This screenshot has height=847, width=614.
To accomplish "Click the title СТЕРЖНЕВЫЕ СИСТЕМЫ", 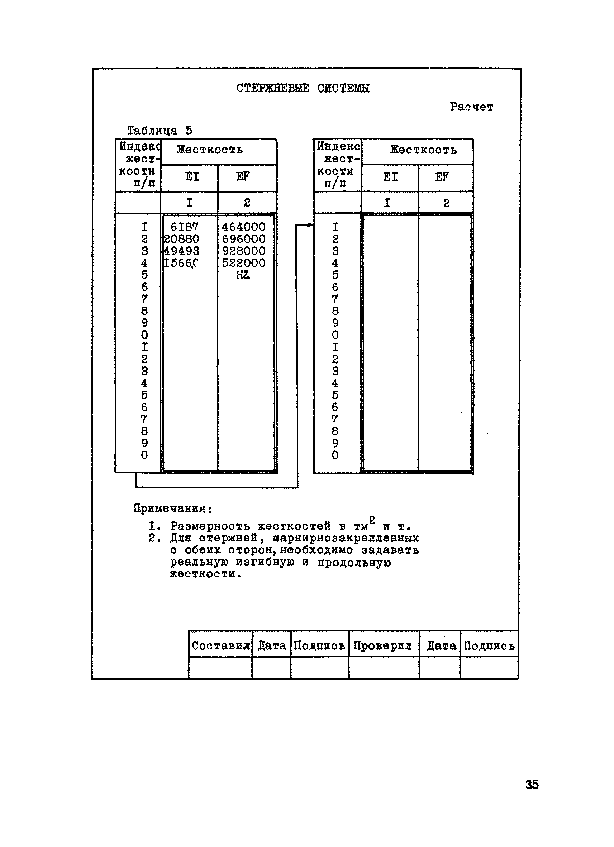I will click(303, 88).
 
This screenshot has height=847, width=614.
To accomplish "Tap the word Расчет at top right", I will click(471, 107).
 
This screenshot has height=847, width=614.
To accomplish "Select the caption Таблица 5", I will click(160, 131).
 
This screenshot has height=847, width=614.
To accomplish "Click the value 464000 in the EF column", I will click(243, 227).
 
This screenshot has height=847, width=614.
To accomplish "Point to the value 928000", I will click(243, 251).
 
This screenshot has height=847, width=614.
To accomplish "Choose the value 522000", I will click(243, 262).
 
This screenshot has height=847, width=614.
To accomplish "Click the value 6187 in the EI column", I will click(184, 227).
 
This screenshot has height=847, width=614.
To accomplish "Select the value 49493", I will click(182, 251).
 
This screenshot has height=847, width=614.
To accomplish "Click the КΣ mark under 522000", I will click(243, 275).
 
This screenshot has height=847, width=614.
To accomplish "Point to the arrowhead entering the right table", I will click(311, 225).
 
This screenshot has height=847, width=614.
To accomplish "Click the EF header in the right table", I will click(442, 177).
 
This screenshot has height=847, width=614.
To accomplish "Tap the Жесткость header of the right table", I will click(423, 150).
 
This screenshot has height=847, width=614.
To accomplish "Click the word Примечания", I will click(173, 508).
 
